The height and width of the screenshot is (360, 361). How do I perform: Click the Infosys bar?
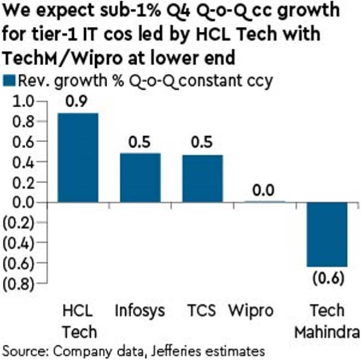(141, 178)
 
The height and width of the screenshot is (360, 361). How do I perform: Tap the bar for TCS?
(203, 178)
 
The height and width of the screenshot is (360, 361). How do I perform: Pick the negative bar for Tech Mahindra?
(327, 235)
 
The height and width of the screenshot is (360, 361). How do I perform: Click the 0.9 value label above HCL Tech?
(78, 102)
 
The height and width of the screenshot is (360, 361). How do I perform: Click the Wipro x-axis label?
(265, 311)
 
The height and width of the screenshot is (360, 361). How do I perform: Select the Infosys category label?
(141, 311)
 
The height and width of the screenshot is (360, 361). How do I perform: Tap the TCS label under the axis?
(203, 311)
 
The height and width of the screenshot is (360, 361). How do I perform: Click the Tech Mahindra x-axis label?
(327, 321)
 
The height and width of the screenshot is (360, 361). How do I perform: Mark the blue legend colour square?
(9, 80)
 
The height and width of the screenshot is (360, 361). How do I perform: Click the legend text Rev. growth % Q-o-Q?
(98, 80)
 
